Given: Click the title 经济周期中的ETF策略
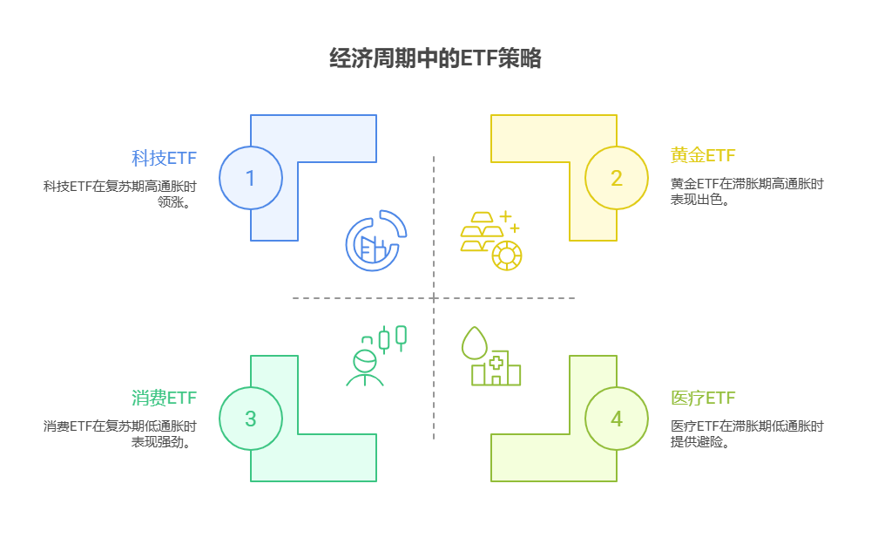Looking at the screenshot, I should [x=435, y=58].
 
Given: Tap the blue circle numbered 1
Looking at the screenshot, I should [x=251, y=178].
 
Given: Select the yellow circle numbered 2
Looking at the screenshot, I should [x=616, y=178].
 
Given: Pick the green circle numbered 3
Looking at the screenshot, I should [x=251, y=419].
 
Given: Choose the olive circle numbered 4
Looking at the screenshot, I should [x=616, y=419].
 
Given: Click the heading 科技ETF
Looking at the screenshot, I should [x=164, y=158].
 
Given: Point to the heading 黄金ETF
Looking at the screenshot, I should [x=703, y=156].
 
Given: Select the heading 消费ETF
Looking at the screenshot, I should [x=164, y=399].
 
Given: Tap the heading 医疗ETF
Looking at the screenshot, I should [x=703, y=399].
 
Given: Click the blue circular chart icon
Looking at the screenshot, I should [x=375, y=241].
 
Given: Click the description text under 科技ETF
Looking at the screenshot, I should [x=119, y=193].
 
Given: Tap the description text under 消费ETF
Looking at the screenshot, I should [x=119, y=433].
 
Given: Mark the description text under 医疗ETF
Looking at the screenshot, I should [x=746, y=433].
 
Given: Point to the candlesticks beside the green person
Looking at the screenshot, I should [x=392, y=337].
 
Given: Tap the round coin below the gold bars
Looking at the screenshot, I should [x=507, y=255].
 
